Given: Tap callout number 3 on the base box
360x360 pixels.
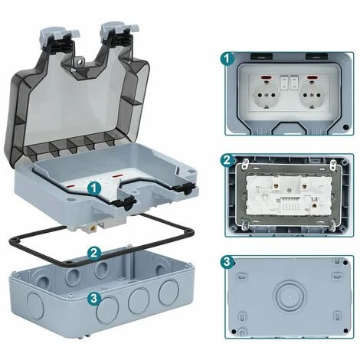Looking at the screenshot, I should [93, 298].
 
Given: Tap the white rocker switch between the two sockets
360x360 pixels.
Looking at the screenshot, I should [289, 80].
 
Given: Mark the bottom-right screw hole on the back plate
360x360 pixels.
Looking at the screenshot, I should [344, 335].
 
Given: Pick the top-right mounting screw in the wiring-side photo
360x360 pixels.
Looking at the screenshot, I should [333, 164].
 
